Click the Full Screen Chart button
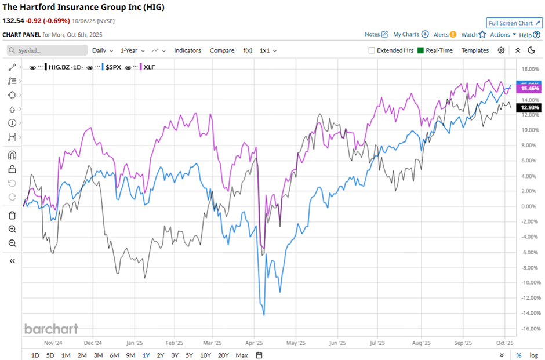pos(514,23)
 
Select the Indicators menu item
pos(187,50)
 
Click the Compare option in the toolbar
pos(221,50)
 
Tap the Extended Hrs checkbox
pos(372,50)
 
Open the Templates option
pos(475,50)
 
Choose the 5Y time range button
pos(189,355)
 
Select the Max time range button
pos(242,355)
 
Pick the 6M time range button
pos(114,355)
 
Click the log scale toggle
pos(533,355)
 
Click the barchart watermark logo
pos(51,329)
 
